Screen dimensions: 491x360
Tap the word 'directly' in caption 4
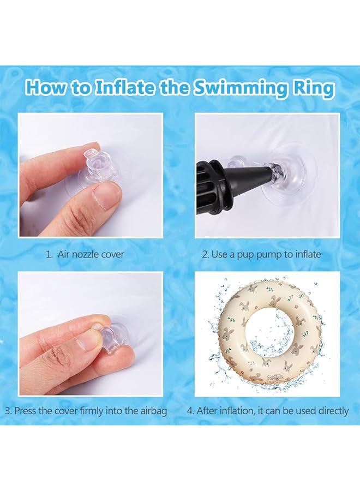point(329,411)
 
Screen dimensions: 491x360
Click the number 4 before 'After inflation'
point(190,411)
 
